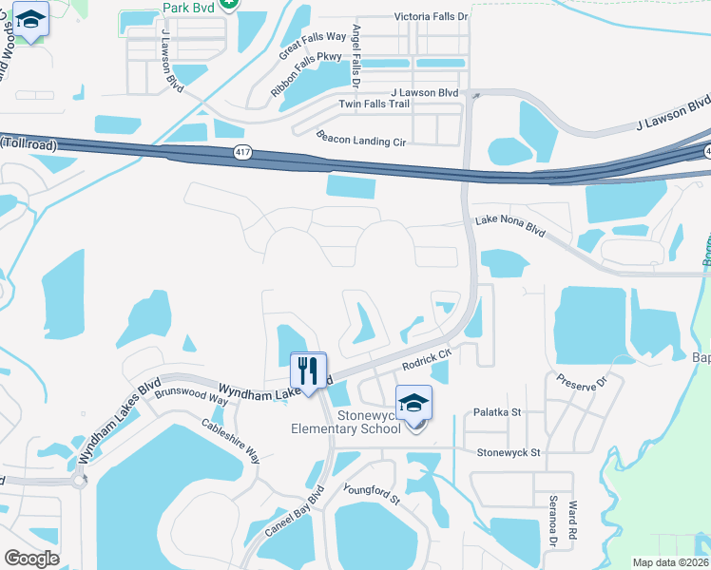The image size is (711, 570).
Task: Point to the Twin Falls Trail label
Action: pos(374,104)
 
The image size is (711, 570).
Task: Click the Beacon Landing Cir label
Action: pos(361,141)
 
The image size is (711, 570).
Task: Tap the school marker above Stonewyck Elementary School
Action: pos(413,403)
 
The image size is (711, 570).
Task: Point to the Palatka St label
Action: pos(497,412)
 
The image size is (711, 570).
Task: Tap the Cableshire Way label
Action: pos(230,440)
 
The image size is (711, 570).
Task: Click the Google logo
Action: pos(32,559)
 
